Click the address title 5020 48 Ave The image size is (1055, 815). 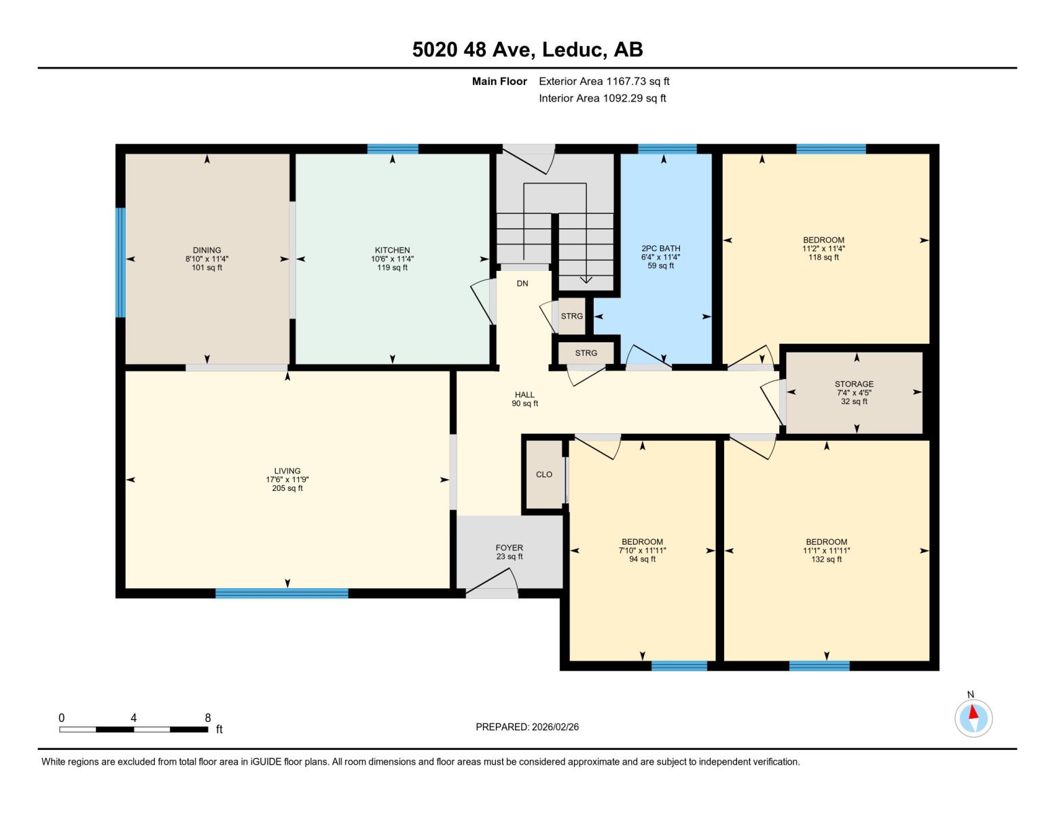tap(527, 50)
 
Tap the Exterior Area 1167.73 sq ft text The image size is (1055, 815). tap(604, 81)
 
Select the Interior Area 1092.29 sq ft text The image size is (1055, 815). tap(602, 98)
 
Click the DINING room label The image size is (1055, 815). tap(207, 259)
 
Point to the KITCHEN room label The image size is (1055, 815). tap(392, 259)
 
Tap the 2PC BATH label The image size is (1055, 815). tap(660, 257)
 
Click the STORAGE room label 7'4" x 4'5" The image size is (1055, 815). tap(854, 393)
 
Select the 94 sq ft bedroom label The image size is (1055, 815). tap(642, 551)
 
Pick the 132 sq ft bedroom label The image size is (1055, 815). tap(826, 551)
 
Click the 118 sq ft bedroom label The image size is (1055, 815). tap(823, 249)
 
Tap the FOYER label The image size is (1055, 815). tap(509, 552)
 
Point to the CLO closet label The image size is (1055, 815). tap(544, 475)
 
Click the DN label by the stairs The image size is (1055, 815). tap(522, 284)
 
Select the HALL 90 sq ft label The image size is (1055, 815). tap(524, 399)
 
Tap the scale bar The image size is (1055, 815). tap(133, 729)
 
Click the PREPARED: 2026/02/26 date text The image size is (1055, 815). tap(527, 727)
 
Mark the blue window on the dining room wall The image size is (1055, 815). tap(120, 262)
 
